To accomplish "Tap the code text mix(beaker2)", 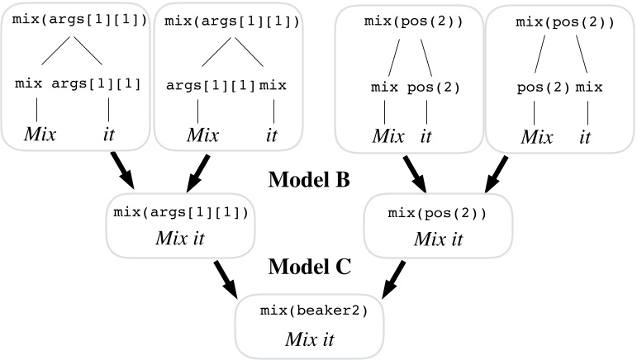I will coord(314,311).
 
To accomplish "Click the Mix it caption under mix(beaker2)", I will coord(314,339).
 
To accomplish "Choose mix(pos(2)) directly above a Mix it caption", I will coord(438,213).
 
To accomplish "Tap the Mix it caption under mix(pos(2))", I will coord(438,239).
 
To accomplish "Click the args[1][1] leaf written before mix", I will coord(212,84).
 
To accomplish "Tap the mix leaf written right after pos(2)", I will coord(588,87).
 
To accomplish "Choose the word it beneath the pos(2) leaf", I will coord(426,136).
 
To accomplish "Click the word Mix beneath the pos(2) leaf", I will coord(537,137).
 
